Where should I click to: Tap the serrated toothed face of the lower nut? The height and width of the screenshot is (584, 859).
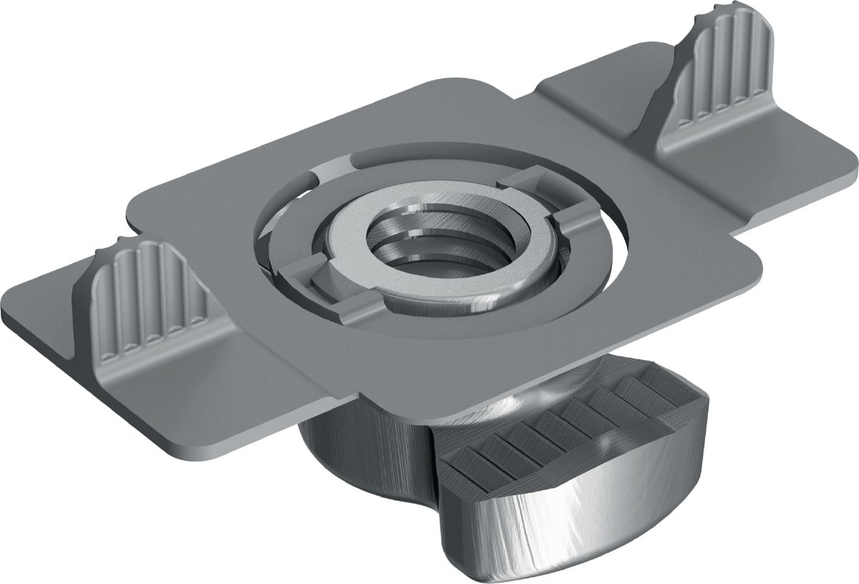(566, 422)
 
